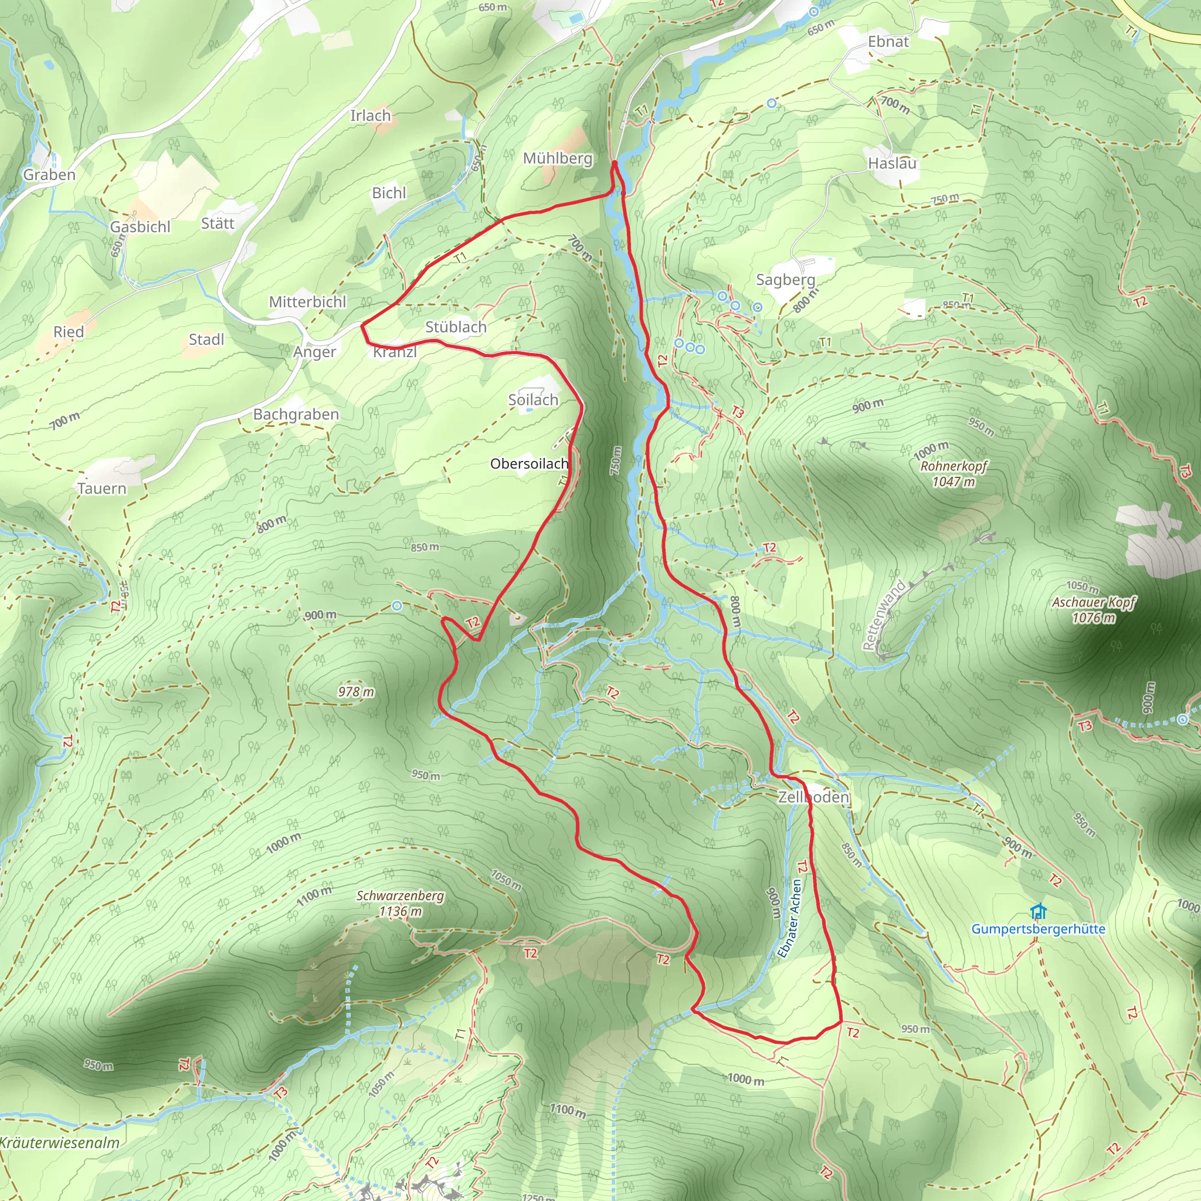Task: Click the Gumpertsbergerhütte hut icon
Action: tap(1038, 912)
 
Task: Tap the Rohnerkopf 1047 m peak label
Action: tap(954, 474)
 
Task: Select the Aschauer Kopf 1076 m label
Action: tap(1094, 609)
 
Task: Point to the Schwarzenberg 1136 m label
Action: tap(401, 903)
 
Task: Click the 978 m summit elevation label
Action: tap(356, 692)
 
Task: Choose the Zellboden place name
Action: tap(813, 797)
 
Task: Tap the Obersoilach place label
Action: tap(529, 464)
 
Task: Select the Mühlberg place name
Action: tap(558, 158)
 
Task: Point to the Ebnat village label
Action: tap(888, 42)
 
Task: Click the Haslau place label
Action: tap(892, 164)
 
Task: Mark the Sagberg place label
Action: tap(785, 280)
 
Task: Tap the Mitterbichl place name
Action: tap(307, 302)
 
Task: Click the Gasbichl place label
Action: tap(140, 227)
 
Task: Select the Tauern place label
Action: tap(102, 488)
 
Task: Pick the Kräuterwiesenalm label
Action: tap(60, 1142)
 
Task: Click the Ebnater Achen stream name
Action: tap(790, 918)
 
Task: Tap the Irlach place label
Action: tap(371, 116)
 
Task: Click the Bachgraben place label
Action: tap(296, 415)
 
